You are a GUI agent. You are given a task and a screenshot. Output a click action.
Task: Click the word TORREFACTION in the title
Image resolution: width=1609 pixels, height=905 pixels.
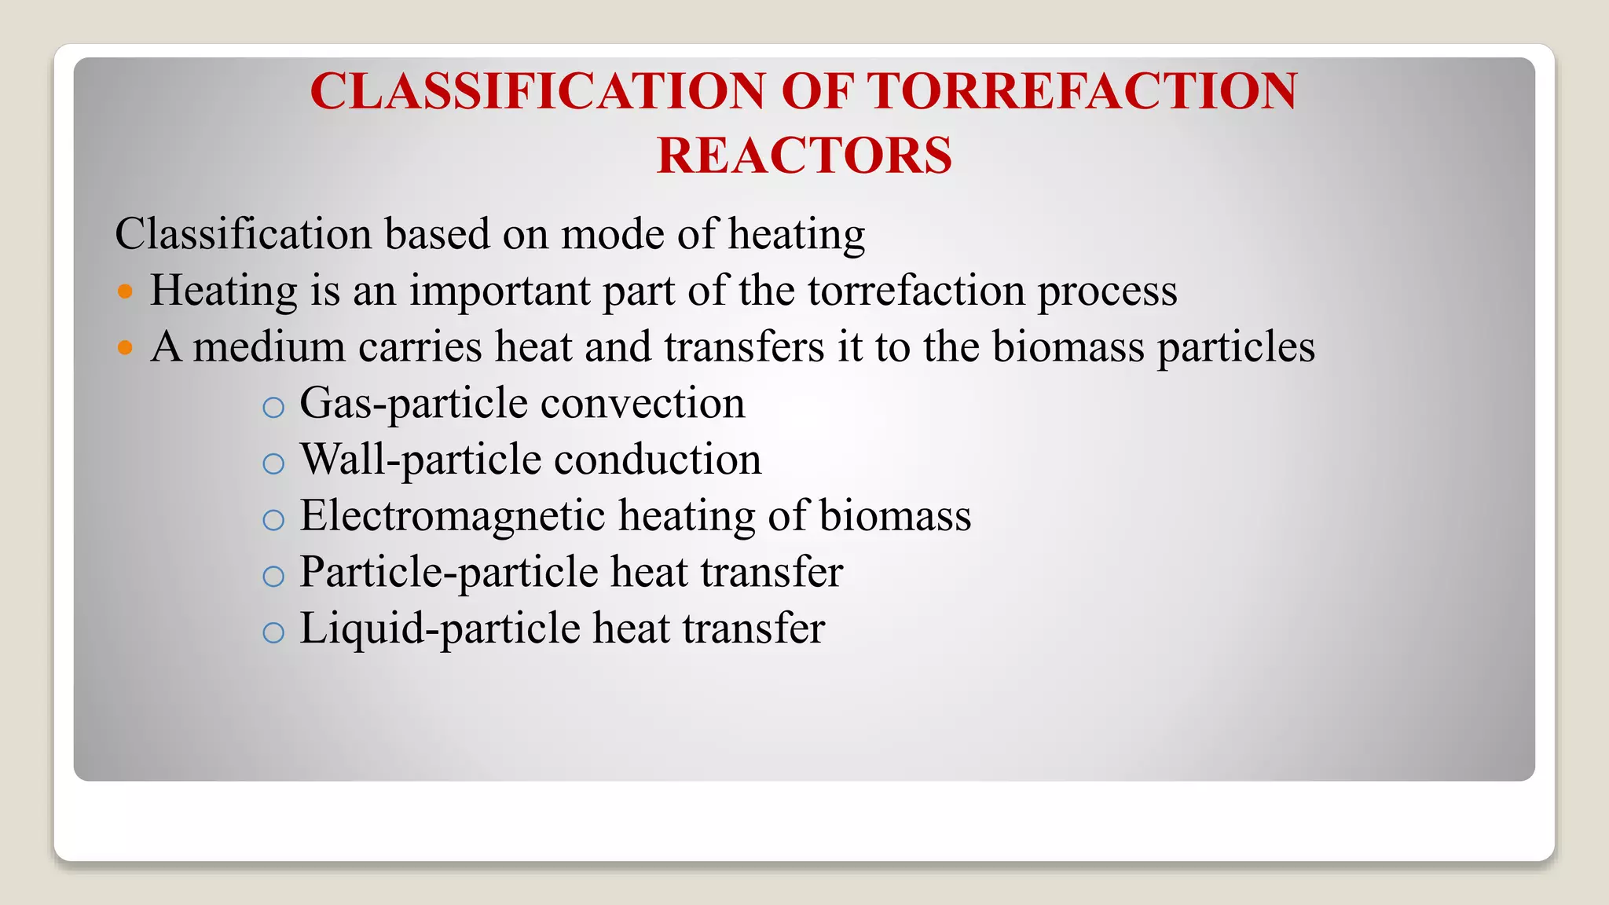pos(1082,91)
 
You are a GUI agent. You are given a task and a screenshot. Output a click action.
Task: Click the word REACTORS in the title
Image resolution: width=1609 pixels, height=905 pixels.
pos(804,156)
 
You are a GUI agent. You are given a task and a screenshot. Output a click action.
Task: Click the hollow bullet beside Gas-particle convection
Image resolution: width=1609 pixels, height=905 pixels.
pos(273,407)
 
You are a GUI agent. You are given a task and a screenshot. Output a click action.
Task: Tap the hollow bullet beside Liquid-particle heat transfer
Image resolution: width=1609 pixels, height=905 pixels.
pos(273,632)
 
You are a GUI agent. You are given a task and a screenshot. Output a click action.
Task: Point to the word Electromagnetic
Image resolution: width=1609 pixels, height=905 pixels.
pos(453,516)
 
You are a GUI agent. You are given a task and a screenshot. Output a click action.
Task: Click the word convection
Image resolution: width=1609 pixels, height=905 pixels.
pos(642,404)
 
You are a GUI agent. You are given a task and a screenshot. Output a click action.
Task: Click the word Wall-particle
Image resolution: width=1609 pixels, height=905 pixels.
pos(420,460)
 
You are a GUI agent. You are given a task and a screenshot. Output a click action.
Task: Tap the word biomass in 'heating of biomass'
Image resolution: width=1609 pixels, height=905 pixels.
pos(895,516)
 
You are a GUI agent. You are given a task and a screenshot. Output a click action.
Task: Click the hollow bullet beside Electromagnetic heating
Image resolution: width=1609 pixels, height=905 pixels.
pos(273,520)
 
